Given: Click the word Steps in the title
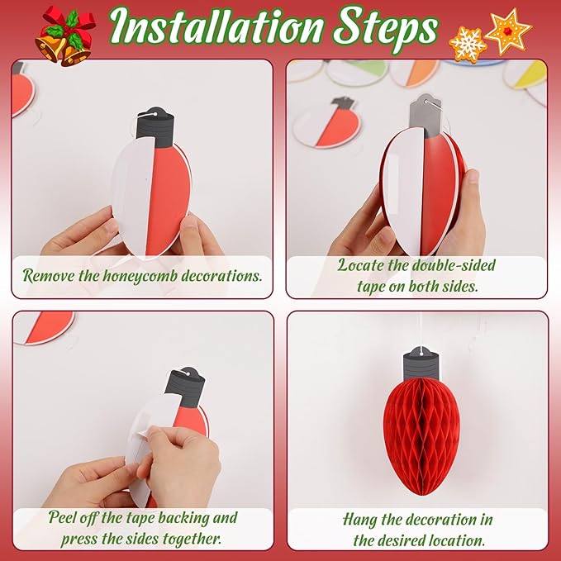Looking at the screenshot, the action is [x=386, y=30].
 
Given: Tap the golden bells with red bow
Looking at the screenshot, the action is [x=64, y=36].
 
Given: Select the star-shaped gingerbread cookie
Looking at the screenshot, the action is [x=508, y=31].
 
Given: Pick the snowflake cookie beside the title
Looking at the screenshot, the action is [x=468, y=45].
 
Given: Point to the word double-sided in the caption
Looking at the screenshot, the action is [x=454, y=265].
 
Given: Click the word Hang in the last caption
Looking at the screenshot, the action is [x=359, y=520].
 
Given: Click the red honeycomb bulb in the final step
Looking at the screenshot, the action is [x=421, y=436].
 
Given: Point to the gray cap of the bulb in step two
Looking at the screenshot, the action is [x=426, y=115].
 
